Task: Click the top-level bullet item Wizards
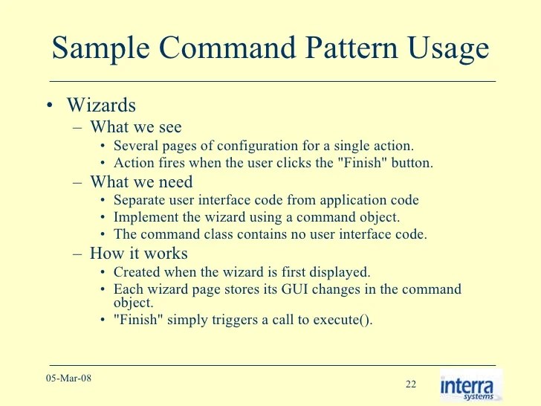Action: point(101,105)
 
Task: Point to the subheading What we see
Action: point(136,126)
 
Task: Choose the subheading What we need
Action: point(141,181)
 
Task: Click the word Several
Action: point(135,145)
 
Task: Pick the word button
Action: point(412,163)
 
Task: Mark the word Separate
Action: point(138,199)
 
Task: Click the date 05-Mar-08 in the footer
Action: point(71,378)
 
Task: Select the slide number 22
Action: point(411,384)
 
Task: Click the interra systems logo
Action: point(470,386)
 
